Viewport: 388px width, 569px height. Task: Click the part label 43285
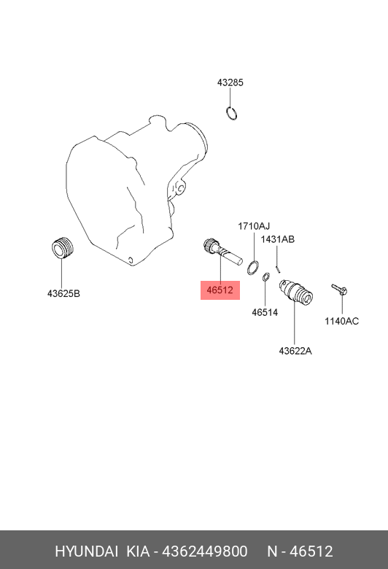[230, 82]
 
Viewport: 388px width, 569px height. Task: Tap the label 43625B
[63, 293]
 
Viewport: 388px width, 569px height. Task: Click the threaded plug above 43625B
[62, 248]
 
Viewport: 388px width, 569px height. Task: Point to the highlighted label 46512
[220, 290]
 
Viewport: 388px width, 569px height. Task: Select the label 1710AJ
[254, 226]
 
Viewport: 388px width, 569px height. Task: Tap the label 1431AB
[277, 239]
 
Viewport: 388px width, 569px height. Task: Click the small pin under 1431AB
[278, 269]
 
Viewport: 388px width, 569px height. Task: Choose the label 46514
[265, 312]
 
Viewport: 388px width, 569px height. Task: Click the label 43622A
[295, 351]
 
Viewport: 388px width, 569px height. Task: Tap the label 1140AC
[341, 321]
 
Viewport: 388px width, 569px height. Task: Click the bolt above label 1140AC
[339, 289]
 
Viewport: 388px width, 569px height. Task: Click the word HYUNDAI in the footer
[86, 551]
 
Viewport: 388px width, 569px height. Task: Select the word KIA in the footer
[138, 551]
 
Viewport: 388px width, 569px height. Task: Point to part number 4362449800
[205, 551]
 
